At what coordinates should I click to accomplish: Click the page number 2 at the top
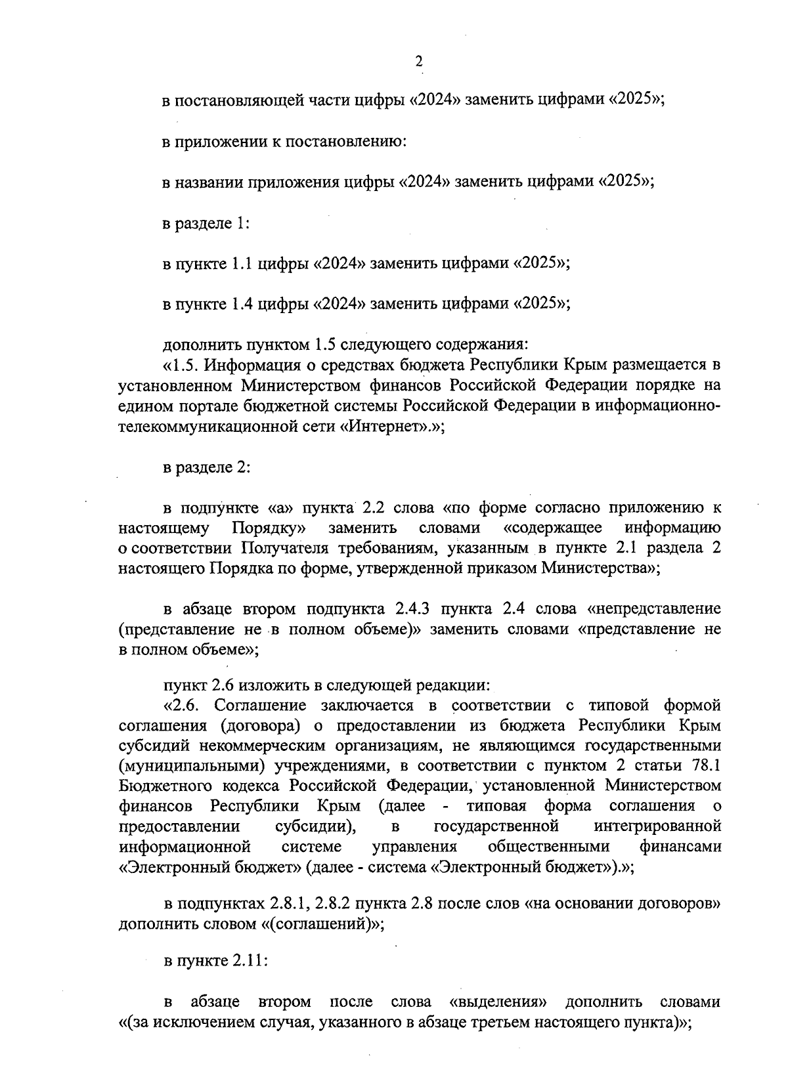[x=418, y=62]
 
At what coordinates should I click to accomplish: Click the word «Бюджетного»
[x=159, y=786]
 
